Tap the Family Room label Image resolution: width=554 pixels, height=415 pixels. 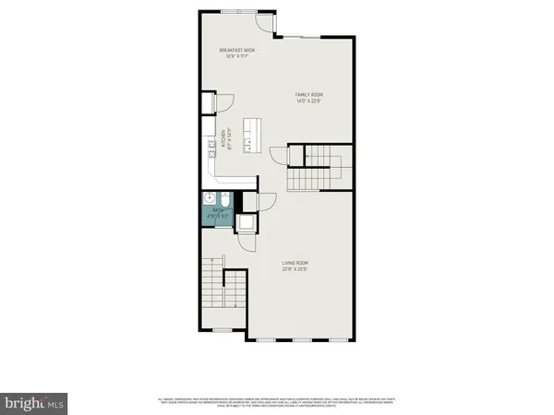309,95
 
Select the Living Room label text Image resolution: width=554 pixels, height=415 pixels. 295,264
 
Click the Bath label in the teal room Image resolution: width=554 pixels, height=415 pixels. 219,210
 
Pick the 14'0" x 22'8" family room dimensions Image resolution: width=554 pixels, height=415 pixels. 309,101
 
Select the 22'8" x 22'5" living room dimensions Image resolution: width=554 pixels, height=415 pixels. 295,269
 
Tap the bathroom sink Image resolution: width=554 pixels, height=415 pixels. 209,199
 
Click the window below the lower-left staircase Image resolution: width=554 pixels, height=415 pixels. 223,330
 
